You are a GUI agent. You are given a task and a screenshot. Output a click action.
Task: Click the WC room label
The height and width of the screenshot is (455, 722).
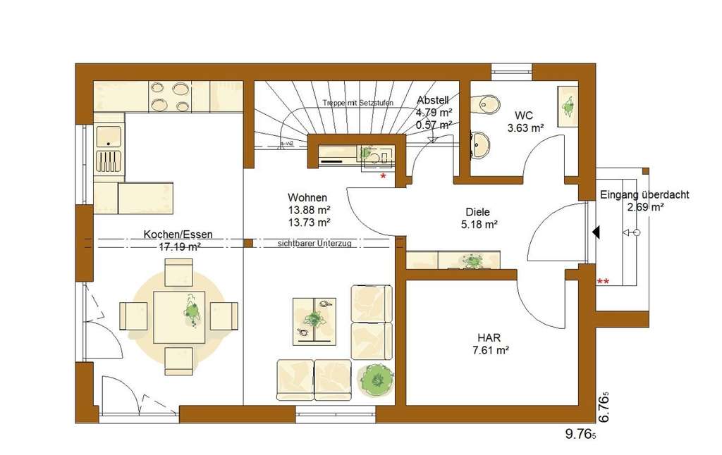[x=523, y=114]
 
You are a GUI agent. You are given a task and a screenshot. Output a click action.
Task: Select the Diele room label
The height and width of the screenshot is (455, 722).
[x=477, y=211]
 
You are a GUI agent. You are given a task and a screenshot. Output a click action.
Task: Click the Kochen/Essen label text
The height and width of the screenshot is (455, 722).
[x=178, y=235]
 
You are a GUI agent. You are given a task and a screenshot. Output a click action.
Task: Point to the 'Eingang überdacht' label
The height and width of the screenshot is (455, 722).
[x=644, y=195]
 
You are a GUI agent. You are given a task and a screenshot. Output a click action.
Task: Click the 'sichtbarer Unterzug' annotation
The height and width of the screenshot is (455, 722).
[x=314, y=243]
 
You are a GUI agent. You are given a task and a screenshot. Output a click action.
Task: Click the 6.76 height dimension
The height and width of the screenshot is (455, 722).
[x=603, y=406]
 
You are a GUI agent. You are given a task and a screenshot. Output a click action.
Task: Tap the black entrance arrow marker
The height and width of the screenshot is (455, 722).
[x=595, y=231]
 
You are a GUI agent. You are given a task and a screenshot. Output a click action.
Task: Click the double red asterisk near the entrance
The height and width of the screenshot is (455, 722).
[x=604, y=282]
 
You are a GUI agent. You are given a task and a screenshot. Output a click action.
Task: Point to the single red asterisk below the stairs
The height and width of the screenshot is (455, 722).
[x=383, y=175]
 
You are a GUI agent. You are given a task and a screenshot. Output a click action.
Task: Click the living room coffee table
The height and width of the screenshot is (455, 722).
[x=315, y=320]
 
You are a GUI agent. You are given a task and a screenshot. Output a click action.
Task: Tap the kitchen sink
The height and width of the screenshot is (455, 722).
[x=109, y=137]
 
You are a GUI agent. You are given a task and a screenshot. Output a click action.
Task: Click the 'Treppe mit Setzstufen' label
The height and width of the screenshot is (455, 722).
[x=357, y=103]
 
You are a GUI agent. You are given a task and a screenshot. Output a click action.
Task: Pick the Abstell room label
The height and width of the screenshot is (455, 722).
[x=433, y=100]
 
